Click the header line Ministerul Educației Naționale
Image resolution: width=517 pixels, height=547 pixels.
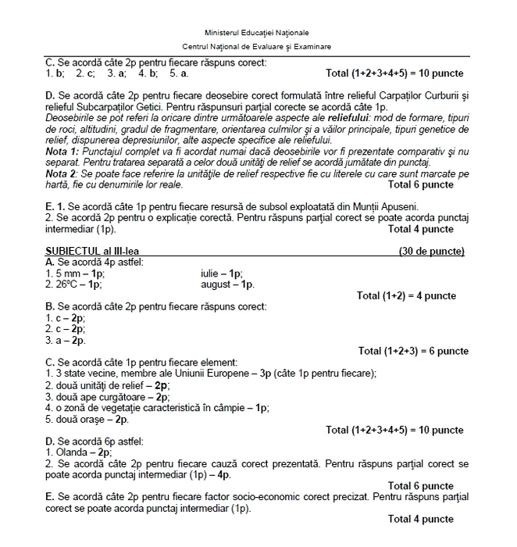pos(257,33)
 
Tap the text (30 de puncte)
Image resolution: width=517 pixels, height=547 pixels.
pos(431,252)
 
